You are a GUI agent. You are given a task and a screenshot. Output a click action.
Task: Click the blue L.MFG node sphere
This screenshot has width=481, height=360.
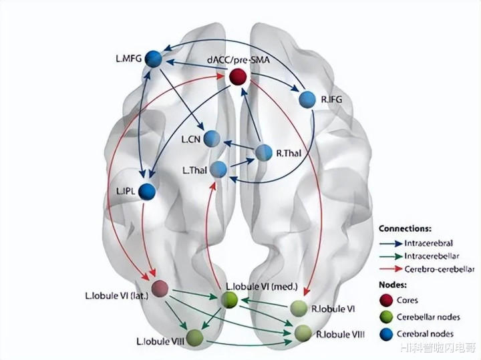[154, 59]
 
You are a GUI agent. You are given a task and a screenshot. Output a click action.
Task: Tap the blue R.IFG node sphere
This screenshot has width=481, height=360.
[307, 100]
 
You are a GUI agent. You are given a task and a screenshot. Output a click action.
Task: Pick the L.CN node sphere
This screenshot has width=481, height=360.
[212, 138]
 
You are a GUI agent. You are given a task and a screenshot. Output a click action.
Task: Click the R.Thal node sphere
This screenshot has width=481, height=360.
[264, 152]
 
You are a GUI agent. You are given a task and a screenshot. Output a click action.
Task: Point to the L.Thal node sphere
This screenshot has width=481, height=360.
[218, 169]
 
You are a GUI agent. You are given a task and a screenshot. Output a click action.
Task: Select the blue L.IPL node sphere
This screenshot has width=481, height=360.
[147, 191]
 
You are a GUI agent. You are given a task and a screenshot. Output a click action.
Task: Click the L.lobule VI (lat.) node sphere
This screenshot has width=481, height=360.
[160, 289]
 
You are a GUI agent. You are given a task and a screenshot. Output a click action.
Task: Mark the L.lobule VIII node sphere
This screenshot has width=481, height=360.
[195, 337]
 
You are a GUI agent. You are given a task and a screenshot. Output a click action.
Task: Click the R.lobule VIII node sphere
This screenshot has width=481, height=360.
[303, 332]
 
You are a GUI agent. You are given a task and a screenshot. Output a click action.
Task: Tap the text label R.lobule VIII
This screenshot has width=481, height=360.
[340, 333]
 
